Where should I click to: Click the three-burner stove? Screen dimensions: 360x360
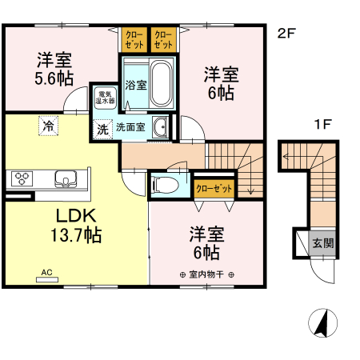pos(20,178)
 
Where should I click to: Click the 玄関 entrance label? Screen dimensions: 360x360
pos(323,243)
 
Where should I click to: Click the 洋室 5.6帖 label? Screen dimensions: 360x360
pos(54,69)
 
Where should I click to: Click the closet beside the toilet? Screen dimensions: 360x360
pos(214,189)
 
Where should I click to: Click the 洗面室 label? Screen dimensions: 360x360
pos(130,127)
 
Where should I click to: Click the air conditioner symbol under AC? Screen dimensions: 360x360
pos(54,280)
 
